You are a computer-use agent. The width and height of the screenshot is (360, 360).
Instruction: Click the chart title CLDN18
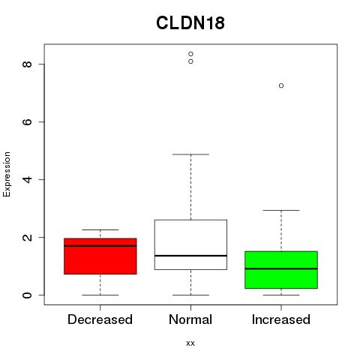click(190, 23)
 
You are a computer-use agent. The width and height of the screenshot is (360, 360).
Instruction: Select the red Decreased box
click(100, 256)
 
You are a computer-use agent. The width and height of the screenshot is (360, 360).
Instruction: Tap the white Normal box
click(190, 244)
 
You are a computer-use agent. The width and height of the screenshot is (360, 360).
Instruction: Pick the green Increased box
click(281, 270)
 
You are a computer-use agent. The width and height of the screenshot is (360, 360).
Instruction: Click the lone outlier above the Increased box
click(281, 85)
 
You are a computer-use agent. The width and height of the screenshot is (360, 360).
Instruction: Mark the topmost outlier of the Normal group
click(190, 54)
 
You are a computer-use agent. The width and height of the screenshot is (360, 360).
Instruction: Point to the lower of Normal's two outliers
click(190, 61)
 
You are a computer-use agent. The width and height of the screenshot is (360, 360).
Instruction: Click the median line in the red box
click(100, 246)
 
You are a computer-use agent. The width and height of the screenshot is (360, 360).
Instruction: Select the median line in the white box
click(190, 256)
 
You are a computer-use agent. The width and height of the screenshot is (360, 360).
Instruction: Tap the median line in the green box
click(281, 268)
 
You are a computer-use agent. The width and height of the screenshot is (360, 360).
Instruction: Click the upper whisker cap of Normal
click(190, 154)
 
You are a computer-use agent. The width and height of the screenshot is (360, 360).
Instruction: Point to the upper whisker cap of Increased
click(281, 210)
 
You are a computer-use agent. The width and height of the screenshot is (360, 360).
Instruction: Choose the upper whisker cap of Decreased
click(100, 229)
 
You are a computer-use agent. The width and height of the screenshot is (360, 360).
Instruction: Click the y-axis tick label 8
click(27, 64)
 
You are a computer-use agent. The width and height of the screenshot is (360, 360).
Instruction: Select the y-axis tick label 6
click(27, 121)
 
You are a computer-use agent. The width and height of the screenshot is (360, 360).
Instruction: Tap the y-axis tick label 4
click(27, 179)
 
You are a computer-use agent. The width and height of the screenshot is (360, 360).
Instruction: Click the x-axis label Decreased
click(100, 319)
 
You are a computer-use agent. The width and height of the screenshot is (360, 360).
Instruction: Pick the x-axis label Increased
click(281, 319)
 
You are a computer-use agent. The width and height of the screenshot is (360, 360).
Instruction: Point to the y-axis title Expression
click(7, 174)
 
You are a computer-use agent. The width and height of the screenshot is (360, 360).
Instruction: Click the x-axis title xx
click(190, 343)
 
